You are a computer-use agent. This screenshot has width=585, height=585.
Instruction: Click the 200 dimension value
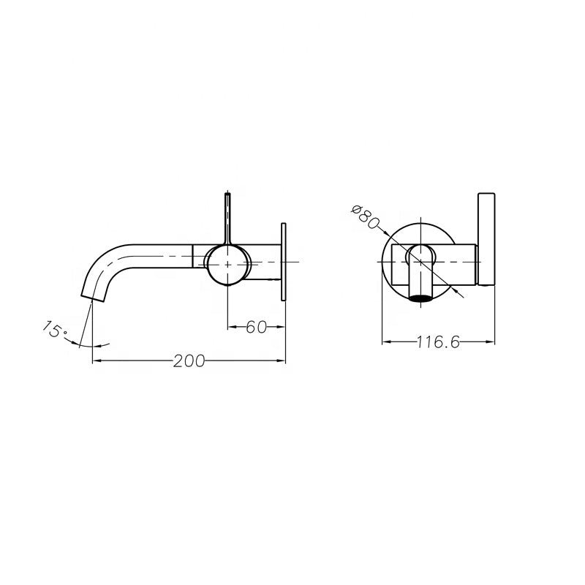(189, 361)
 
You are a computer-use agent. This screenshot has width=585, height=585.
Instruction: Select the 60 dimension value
(255, 327)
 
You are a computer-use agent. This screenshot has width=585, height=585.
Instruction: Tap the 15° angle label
(53, 329)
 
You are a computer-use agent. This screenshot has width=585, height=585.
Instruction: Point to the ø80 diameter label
(363, 216)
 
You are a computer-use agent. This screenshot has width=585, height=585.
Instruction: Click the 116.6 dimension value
(438, 342)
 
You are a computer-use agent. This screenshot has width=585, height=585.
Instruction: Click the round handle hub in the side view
(228, 264)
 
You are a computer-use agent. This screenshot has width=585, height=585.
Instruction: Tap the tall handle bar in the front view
(487, 238)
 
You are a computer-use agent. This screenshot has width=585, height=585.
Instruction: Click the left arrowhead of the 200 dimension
(96, 361)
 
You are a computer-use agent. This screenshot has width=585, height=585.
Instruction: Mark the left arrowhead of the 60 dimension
(233, 327)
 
